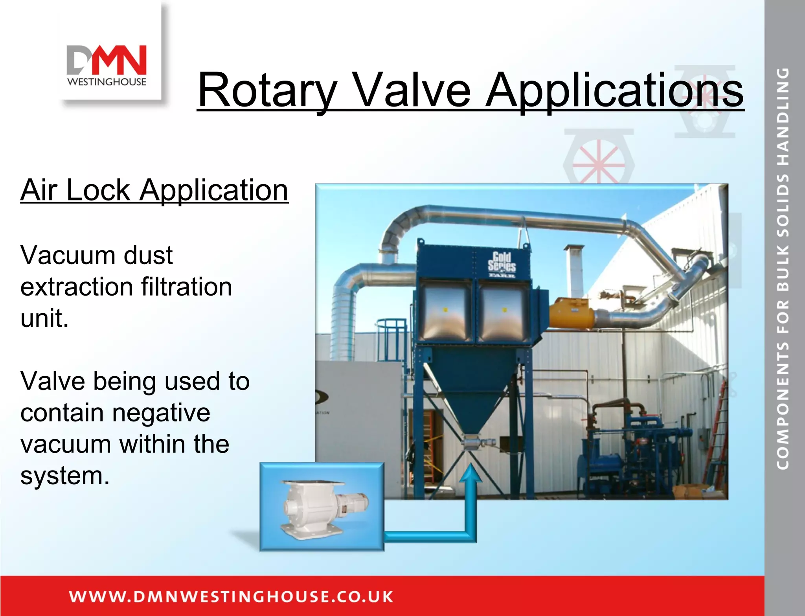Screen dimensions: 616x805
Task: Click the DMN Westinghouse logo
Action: (x=107, y=65)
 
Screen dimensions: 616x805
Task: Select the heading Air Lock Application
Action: (x=154, y=190)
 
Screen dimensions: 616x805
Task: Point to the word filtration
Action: (x=187, y=287)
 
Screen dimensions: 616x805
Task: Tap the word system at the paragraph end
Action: (x=65, y=476)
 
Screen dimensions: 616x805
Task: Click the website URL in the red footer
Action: (x=231, y=596)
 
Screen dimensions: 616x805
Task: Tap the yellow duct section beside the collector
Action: (x=572, y=313)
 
